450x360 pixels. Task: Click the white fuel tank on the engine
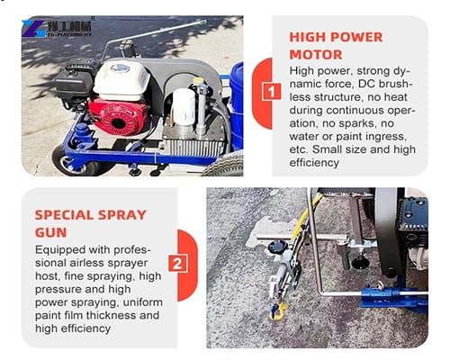pyautogui.click(x=121, y=80)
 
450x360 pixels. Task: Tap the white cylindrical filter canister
pyautogui.click(x=185, y=108)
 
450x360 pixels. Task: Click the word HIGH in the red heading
pyautogui.click(x=308, y=38)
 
